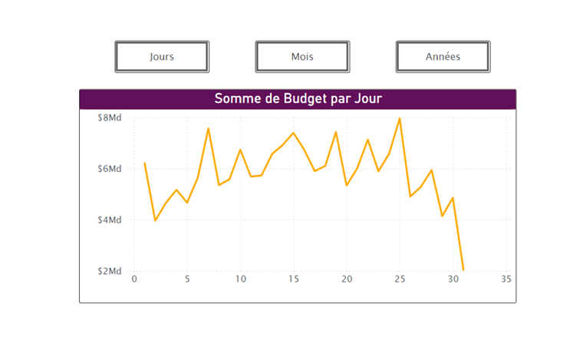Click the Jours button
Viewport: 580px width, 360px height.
[162, 57]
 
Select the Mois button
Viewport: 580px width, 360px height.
[302, 57]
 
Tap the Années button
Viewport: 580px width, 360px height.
[443, 57]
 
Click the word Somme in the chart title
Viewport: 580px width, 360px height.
[238, 99]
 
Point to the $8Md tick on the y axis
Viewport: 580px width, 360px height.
[110, 118]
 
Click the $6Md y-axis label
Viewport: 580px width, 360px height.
[110, 169]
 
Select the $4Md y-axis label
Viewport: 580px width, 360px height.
[110, 220]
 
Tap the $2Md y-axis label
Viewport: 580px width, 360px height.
[110, 271]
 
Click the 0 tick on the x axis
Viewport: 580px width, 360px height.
[134, 279]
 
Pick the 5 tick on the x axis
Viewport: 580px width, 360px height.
[187, 279]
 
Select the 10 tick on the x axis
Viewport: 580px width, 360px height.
[240, 279]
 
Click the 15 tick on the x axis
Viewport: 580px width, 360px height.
[293, 279]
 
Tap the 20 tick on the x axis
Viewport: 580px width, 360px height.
[346, 279]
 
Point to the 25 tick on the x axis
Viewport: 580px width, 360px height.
[399, 279]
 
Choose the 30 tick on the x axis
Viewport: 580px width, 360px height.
[453, 279]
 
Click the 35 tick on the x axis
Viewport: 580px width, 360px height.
[506, 279]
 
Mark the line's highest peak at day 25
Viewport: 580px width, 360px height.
[400, 119]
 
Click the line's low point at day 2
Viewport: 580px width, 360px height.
[156, 220]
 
